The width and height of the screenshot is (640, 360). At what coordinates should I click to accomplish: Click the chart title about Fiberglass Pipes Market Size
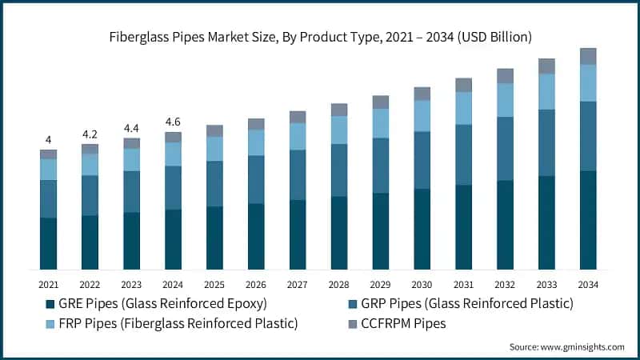320,37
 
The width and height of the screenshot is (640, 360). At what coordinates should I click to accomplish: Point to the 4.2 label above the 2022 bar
90,134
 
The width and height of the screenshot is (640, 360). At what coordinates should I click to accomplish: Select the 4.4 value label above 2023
131,127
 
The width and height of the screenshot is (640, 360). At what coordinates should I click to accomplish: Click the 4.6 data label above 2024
173,122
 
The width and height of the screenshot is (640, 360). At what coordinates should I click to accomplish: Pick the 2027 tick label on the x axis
298,285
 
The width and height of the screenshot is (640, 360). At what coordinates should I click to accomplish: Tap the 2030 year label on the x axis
422,285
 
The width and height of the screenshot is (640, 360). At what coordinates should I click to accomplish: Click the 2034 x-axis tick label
588,285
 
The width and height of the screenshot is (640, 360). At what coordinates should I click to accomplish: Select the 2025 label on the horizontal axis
214,285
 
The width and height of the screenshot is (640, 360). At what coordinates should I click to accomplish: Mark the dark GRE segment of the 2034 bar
588,220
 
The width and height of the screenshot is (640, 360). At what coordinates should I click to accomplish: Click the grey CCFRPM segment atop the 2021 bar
48,154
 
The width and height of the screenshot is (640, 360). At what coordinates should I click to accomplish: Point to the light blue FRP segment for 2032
505,100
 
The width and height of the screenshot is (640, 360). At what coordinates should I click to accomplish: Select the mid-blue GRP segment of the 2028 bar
339,170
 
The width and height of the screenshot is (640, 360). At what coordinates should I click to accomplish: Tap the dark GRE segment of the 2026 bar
256,236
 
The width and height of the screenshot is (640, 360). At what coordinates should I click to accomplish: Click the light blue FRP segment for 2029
381,123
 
